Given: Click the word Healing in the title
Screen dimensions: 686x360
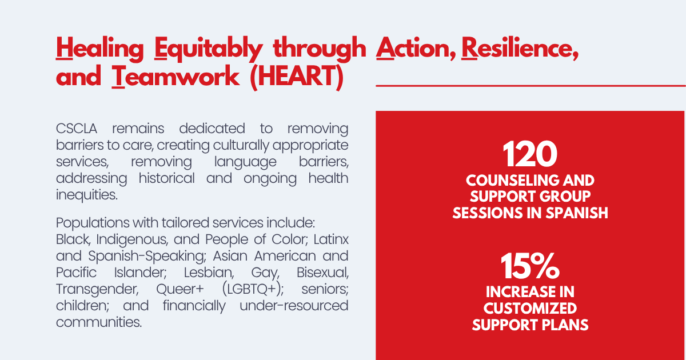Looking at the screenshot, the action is [x=100, y=49].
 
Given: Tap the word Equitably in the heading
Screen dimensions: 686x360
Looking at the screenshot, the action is [x=208, y=49].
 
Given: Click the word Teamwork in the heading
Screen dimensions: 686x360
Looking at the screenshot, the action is [x=176, y=77].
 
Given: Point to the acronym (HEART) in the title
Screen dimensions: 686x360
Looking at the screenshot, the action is [x=297, y=77].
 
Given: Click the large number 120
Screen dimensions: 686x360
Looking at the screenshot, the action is [x=530, y=154].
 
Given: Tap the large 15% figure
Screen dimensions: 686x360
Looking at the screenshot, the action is [x=530, y=266].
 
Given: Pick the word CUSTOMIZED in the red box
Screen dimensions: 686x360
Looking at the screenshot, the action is [x=530, y=308].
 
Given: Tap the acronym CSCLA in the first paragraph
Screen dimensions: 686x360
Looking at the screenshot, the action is [x=77, y=129].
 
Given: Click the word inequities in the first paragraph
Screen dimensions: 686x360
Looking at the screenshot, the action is [x=87, y=195].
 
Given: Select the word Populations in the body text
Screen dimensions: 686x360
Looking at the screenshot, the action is [x=93, y=223].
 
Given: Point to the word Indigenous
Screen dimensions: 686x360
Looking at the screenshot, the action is [x=132, y=239].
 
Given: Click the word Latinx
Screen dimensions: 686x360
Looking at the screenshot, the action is [x=331, y=239].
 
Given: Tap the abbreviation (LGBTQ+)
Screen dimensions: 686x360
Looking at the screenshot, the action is [x=253, y=289].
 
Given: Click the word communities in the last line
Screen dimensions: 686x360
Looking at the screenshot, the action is [x=99, y=322].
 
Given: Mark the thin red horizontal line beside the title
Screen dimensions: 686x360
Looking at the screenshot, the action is [x=531, y=86].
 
